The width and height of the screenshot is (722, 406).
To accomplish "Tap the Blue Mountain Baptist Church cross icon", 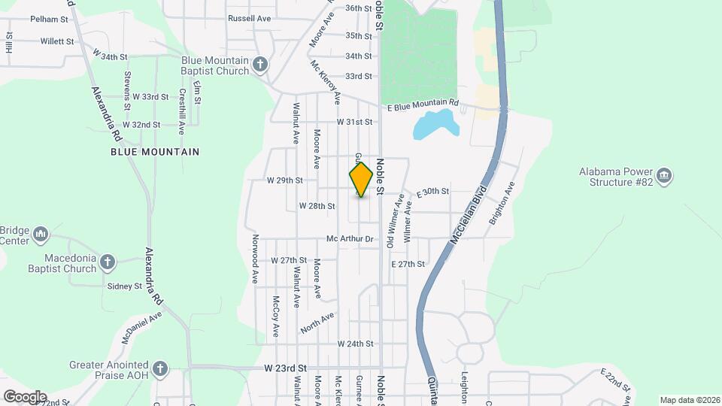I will (260, 65).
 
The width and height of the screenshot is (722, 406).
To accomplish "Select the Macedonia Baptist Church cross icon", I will (108, 262).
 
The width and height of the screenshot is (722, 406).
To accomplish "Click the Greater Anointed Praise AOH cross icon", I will (159, 368).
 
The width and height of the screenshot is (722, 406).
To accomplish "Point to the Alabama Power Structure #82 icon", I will (663, 177).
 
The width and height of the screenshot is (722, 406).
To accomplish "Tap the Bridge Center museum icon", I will (41, 235).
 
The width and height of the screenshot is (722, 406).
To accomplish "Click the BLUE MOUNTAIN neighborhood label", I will (155, 152).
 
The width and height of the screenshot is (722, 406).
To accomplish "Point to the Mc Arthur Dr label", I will (350, 239).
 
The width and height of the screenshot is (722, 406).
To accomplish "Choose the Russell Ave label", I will (249, 18).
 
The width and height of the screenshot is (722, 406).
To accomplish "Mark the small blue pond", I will (435, 124).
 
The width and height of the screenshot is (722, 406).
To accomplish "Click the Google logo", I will (25, 396).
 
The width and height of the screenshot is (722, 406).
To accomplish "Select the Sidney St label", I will (125, 286).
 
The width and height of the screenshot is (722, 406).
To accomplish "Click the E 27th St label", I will (408, 265).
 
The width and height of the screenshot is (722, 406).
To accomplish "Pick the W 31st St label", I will (354, 122).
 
